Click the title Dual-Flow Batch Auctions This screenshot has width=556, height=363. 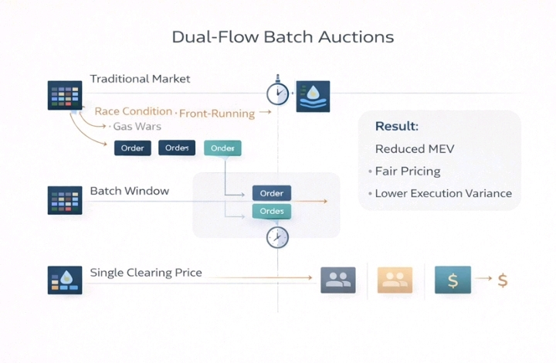pos(283,37)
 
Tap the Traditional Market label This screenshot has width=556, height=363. pos(140,79)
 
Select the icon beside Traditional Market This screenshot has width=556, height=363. pos(64,95)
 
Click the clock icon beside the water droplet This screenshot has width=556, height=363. pos(277,94)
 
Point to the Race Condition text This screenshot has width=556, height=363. pos(133,111)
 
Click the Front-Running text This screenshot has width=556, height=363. pos(216,114)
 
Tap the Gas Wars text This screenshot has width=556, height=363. pos(137,126)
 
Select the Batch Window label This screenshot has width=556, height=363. pos(129,191)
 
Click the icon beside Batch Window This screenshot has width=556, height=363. pos(64,200)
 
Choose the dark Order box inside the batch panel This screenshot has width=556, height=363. pos(271,193)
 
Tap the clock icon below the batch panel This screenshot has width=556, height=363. pos(277,237)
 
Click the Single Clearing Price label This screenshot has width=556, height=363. pos(146,272)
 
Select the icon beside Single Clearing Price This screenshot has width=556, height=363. pos(64,279)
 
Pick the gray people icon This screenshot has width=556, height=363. pos(337,280)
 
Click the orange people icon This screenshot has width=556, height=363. pos(395,280)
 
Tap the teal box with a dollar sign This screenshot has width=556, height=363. pos(453,280)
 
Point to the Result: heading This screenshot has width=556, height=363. pos(396,126)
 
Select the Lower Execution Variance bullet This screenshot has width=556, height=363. pos(442,193)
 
